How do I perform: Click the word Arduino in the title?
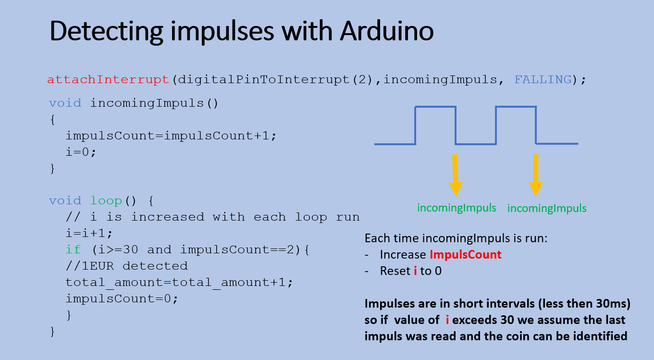click(387, 31)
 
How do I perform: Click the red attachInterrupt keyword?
click(108, 79)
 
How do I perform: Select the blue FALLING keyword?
click(543, 79)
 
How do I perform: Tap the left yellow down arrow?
click(455, 175)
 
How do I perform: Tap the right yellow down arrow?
click(536, 175)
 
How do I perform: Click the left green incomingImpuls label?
click(457, 208)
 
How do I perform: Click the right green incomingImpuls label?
click(547, 209)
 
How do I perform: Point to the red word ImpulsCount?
click(465, 255)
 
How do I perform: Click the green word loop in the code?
click(106, 201)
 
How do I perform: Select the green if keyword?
click(73, 249)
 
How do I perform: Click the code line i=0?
click(81, 152)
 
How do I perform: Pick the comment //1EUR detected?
click(127, 266)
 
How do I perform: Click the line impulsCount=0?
click(122, 298)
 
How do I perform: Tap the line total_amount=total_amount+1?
click(179, 283)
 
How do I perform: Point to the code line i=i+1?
click(89, 233)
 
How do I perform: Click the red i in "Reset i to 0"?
click(415, 271)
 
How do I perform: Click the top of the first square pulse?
click(435, 107)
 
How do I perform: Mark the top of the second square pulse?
click(516, 107)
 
